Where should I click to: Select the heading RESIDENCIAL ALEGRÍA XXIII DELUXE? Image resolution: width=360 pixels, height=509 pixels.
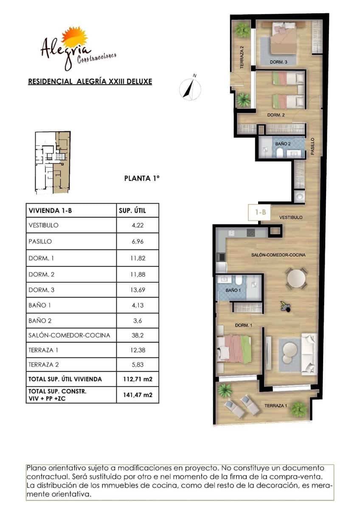coord(90,81)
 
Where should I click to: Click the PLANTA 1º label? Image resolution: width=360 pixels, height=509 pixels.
coord(141,179)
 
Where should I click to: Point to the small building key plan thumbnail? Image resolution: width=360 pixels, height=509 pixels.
coord(52,162)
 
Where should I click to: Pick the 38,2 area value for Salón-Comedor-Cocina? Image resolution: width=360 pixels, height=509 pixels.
coord(137,335)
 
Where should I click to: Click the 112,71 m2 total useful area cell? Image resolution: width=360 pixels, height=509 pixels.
coord(137,379)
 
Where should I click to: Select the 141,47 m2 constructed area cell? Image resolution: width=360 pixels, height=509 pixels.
coord(137,394)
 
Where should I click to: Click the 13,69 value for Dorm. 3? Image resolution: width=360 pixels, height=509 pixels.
coord(137,290)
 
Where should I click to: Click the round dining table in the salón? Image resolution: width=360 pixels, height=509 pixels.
coord(296,279)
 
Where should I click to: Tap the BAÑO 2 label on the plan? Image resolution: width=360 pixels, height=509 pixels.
coord(282,144)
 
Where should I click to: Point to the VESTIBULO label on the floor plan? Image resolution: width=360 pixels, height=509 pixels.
coord(290,217)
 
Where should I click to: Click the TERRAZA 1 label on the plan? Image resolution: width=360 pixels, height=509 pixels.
coord(276,406)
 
